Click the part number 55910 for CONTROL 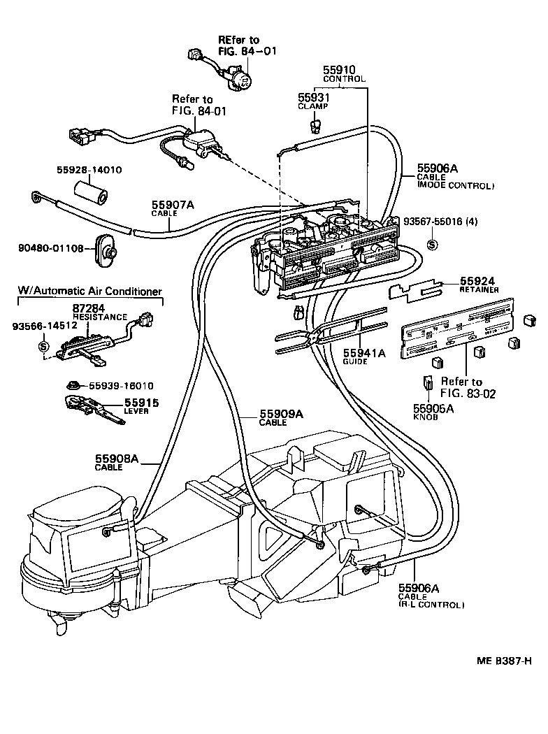pos(339,70)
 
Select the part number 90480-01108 pos(51,247)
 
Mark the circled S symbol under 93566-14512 pos(43,346)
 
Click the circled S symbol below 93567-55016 pos(432,244)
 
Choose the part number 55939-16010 pos(120,385)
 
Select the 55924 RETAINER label pos(478,285)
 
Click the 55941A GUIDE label pos(363,357)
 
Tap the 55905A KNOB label pos(433,412)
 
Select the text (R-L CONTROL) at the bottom pos(431,604)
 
